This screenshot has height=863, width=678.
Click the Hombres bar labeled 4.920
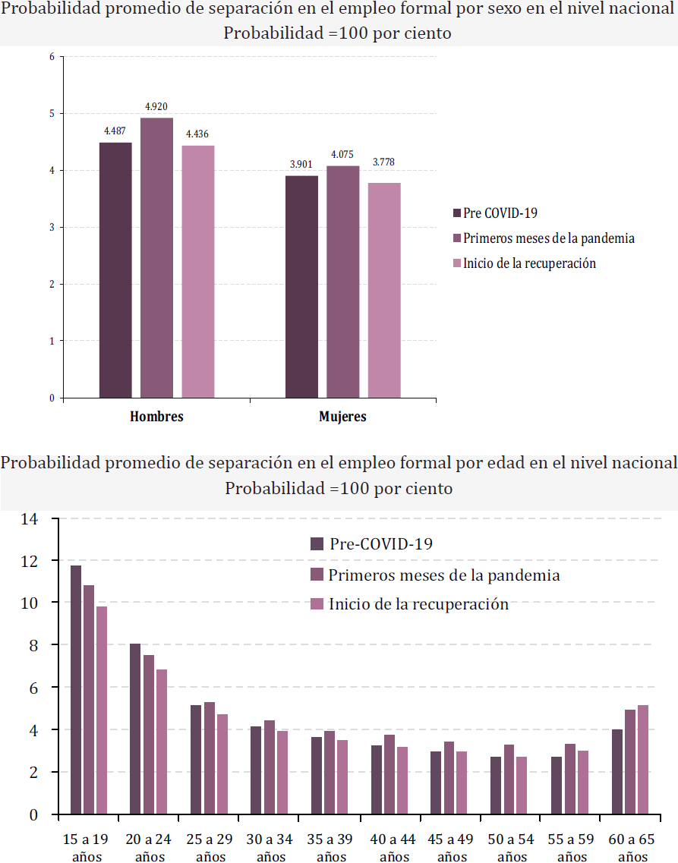pyautogui.click(x=156, y=257)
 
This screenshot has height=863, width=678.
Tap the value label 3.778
pyautogui.click(x=383, y=162)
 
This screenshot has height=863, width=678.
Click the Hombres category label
pyautogui.click(x=156, y=417)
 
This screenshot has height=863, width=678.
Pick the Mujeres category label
pyautogui.click(x=342, y=417)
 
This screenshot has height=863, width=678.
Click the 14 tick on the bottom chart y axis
pyautogui.click(x=30, y=519)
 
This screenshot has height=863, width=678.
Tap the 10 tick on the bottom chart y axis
pyautogui.click(x=30, y=603)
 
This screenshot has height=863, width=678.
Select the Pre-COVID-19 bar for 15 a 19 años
pyautogui.click(x=76, y=690)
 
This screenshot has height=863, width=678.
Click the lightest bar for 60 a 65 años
pyautogui.click(x=642, y=760)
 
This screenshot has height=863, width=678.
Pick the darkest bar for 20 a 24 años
pyautogui.click(x=135, y=729)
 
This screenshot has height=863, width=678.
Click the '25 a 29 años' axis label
pyautogui.click(x=208, y=848)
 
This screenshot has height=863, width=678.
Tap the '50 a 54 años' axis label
pyautogui.click(x=510, y=848)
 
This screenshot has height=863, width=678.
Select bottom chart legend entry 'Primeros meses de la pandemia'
pyautogui.click(x=444, y=575)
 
